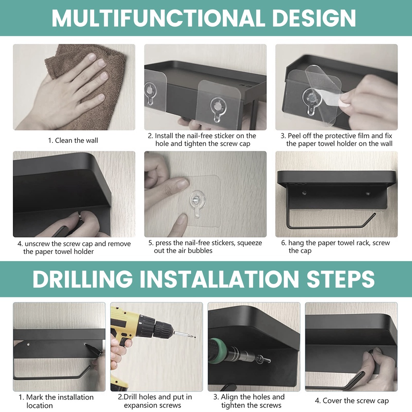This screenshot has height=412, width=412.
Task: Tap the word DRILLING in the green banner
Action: tap(82, 279)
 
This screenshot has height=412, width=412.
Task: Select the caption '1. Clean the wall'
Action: tap(73, 140)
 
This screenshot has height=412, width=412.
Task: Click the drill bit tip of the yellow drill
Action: tap(195, 337)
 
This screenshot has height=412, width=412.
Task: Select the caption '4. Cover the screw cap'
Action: tap(352, 401)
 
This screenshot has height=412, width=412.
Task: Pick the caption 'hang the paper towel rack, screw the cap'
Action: tap(336, 247)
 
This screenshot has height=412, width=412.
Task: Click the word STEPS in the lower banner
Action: tap(340, 279)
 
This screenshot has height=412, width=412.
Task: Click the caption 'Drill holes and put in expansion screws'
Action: tap(155, 401)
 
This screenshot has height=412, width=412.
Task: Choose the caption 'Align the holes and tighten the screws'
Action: tap(249, 401)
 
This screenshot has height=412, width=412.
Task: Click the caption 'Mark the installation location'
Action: tap(56, 401)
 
